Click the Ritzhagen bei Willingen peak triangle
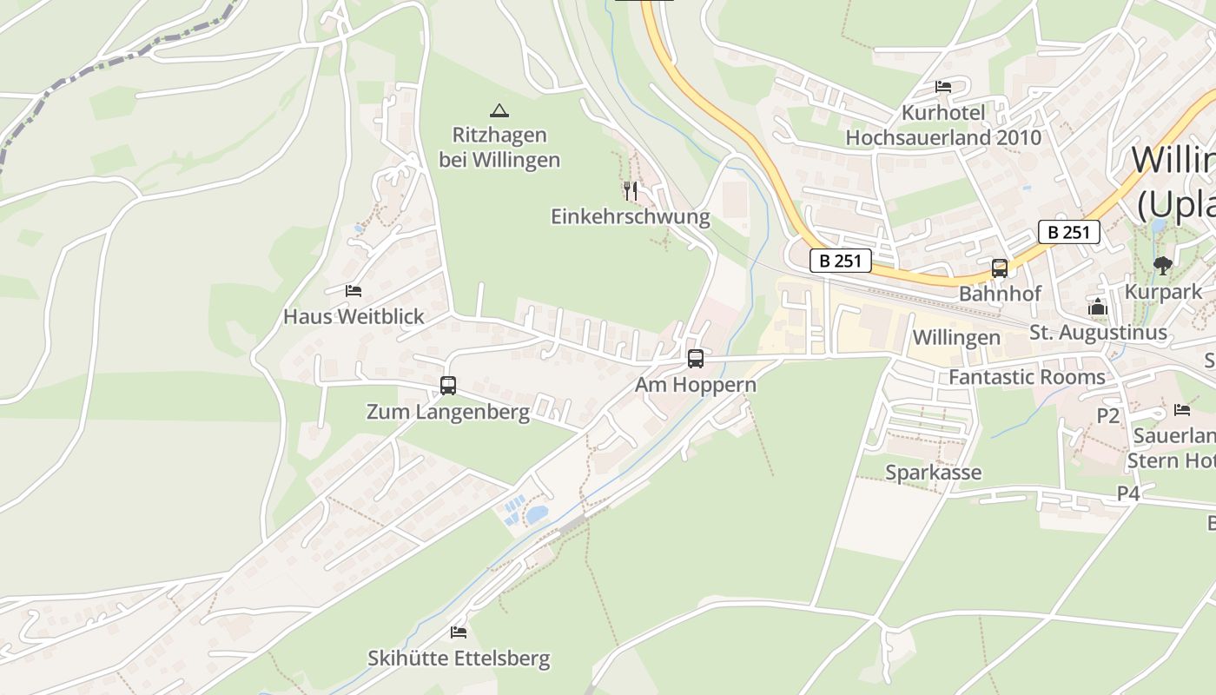pyautogui.click(x=499, y=110)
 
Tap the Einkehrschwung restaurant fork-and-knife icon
pyautogui.click(x=631, y=190)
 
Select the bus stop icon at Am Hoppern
pyautogui.click(x=695, y=358)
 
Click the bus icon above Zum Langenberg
pyautogui.click(x=448, y=385)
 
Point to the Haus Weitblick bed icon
pyautogui.click(x=353, y=290)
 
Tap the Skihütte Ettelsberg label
pyautogui.click(x=459, y=659)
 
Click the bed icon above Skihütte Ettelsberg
pyautogui.click(x=459, y=632)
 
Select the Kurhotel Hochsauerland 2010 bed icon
pyautogui.click(x=943, y=86)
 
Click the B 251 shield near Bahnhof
pyautogui.click(x=840, y=261)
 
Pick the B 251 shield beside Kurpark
pyautogui.click(x=1068, y=232)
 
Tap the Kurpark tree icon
pyautogui.click(x=1162, y=266)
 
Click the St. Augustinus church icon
pyautogui.click(x=1098, y=307)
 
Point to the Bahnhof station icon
pyautogui.click(x=1000, y=268)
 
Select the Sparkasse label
pyautogui.click(x=933, y=473)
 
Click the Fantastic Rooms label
pyautogui.click(x=1027, y=377)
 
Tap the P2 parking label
pyautogui.click(x=1107, y=416)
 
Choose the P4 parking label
pyautogui.click(x=1127, y=493)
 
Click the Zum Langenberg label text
pyautogui.click(x=447, y=412)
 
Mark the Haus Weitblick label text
pyautogui.click(x=354, y=316)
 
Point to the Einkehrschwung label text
pyautogui.click(x=630, y=216)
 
